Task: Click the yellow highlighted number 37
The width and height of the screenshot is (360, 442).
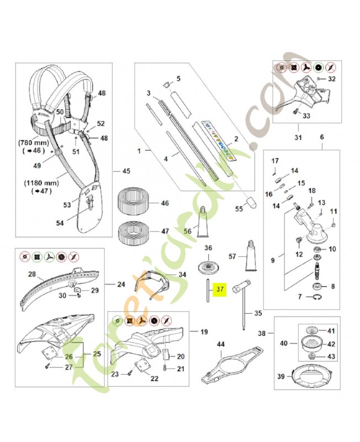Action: coord(220,288)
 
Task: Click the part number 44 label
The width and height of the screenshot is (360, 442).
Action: coord(221,344)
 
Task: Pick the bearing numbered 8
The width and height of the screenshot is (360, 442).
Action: coord(318,286)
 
